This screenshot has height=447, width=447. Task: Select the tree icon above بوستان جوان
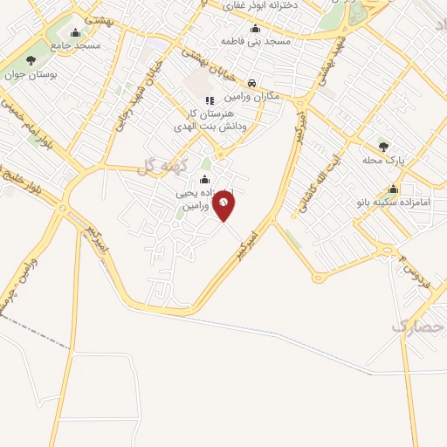click(x=31, y=60)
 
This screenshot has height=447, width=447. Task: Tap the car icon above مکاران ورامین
click(x=251, y=82)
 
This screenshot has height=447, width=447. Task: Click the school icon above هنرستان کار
click(x=209, y=100)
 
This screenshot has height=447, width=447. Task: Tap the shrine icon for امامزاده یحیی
click(x=204, y=180)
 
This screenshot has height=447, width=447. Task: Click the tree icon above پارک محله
click(x=382, y=146)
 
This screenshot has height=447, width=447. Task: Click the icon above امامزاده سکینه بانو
click(x=394, y=189)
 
